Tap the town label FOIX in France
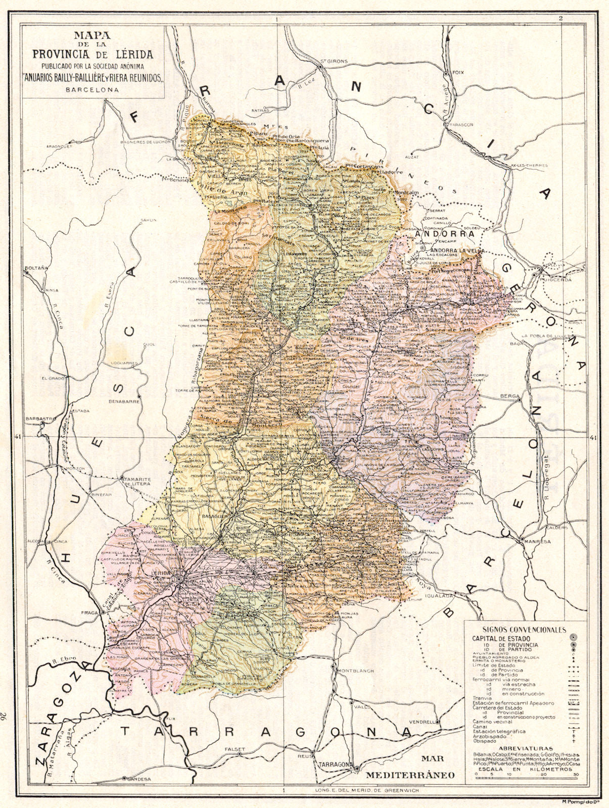click(x=458, y=73)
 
